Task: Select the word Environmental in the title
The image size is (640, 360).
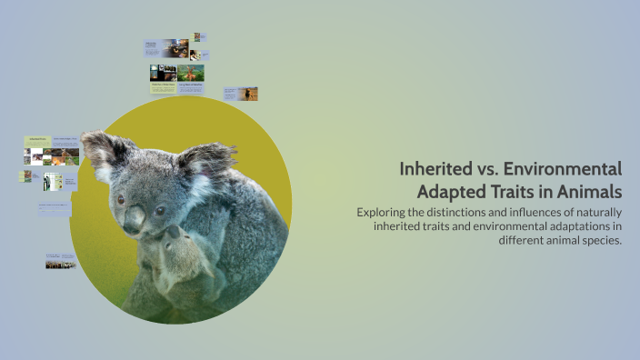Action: tap(565, 169)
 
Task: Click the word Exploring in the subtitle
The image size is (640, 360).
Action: tap(381, 212)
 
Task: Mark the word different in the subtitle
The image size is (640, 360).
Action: tap(525, 240)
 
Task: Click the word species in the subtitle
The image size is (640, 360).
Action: tap(602, 240)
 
